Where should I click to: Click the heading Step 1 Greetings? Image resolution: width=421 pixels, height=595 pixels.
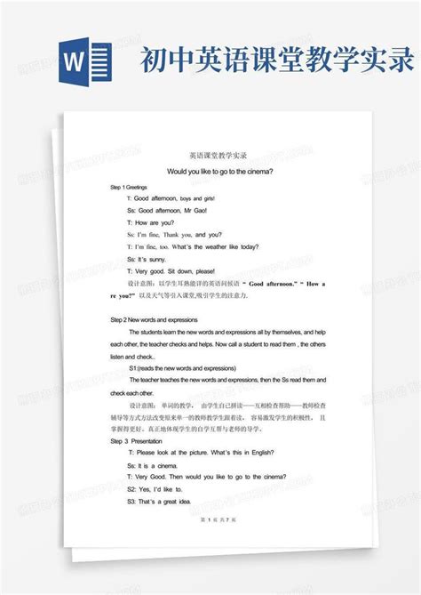(128, 189)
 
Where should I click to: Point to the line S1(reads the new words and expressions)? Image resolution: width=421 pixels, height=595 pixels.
(182, 367)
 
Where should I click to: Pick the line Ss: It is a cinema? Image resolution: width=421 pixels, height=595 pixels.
(153, 465)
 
